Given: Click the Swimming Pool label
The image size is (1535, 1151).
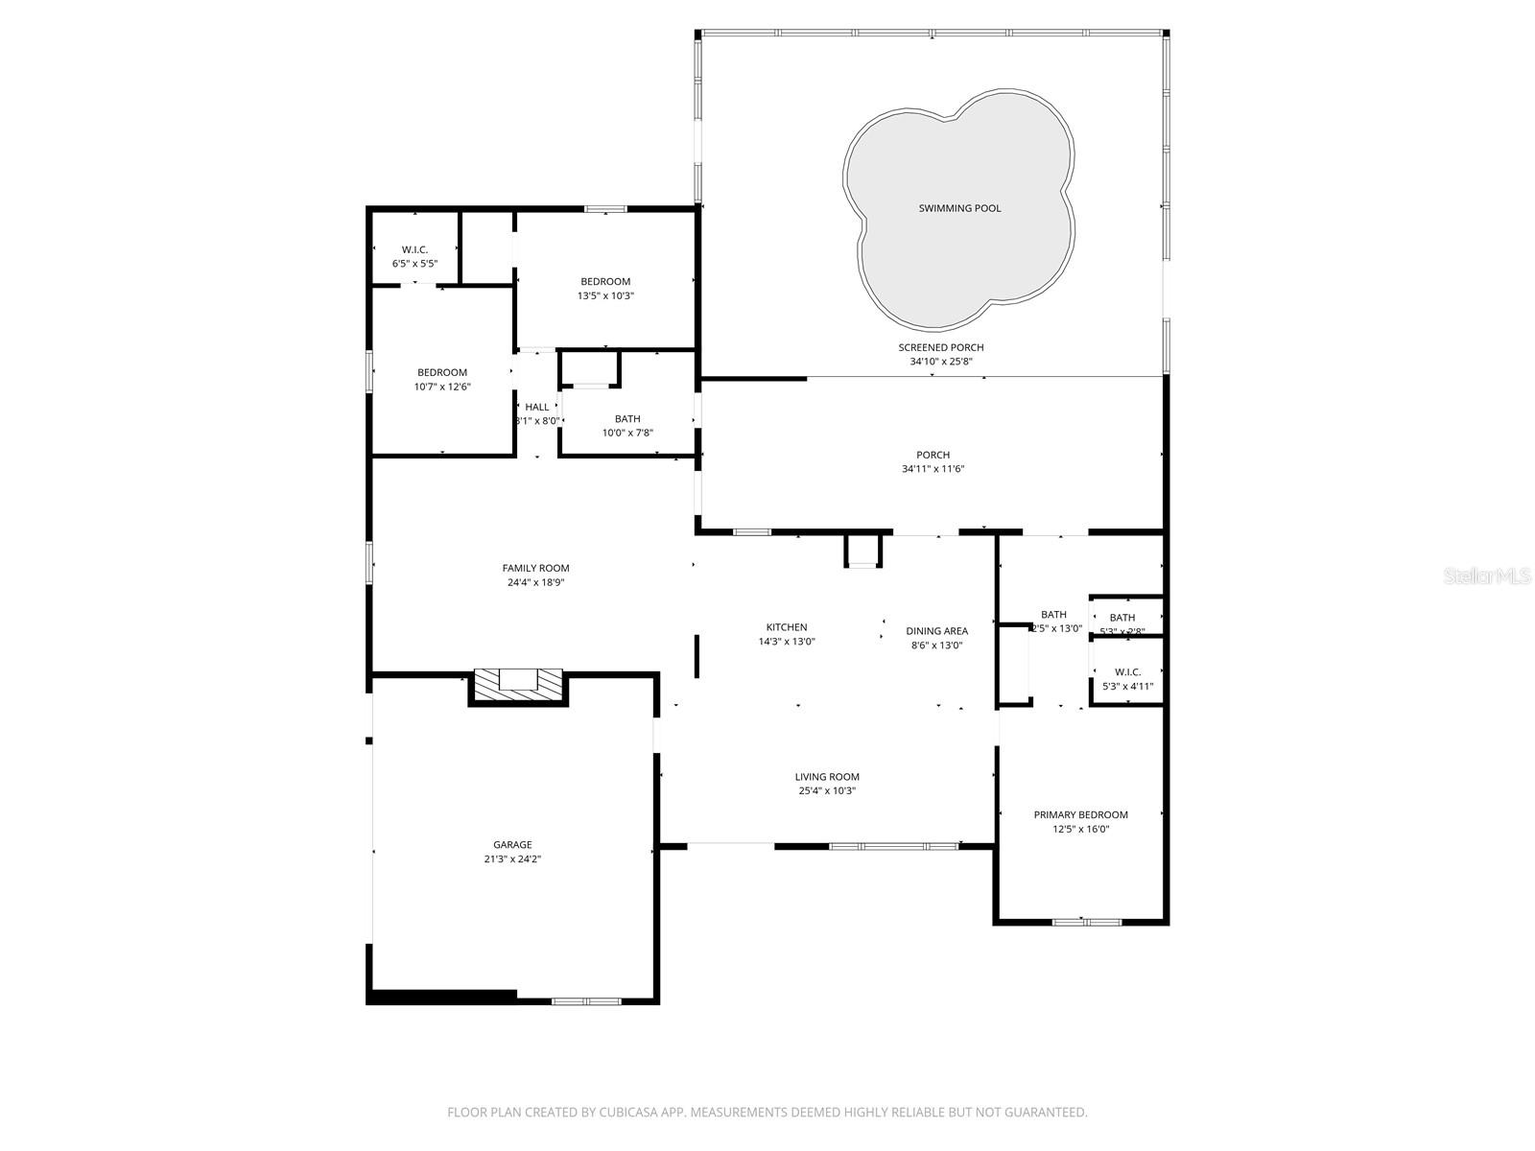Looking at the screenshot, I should point(959,208).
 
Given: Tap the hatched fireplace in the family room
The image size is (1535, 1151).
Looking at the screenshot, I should point(518,685).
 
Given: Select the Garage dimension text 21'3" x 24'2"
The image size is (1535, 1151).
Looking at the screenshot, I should point(513,859).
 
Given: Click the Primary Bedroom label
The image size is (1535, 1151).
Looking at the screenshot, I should point(1080,814).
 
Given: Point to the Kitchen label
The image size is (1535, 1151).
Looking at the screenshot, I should point(786,627).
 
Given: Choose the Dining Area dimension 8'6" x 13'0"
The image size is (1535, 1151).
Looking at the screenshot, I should point(936,646).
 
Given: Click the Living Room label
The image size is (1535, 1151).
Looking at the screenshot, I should point(826,777).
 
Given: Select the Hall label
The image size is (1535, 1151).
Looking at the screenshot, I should point(537,407).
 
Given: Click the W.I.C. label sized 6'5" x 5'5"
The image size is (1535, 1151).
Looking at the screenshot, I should point(414,249).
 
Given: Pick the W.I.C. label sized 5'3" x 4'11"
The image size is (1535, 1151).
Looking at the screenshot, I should point(1127,671).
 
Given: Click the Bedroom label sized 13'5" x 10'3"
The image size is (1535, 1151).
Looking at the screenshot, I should point(605,281).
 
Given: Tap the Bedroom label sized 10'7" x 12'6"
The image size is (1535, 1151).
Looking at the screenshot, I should point(442,372).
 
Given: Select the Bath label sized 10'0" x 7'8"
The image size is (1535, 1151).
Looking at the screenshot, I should point(627,418).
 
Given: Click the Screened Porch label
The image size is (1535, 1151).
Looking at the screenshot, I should point(940,347).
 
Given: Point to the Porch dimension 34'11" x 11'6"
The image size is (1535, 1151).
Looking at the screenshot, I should point(933,469).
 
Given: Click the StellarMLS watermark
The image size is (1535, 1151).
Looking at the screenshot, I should point(1486,576).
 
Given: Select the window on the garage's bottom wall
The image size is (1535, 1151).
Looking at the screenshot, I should point(585,1001).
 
